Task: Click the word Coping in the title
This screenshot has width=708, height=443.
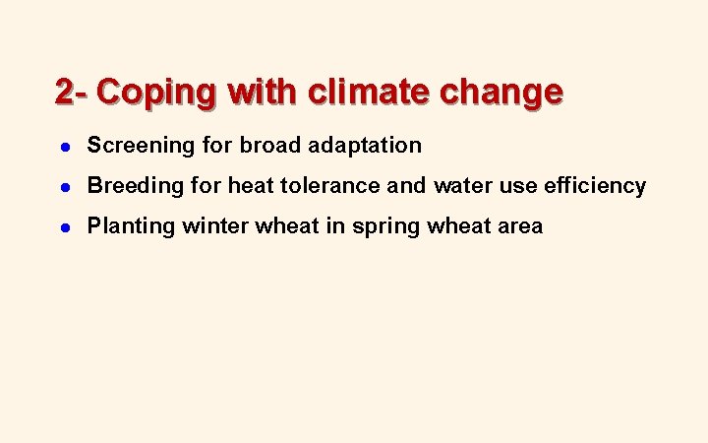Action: pyautogui.click(x=158, y=93)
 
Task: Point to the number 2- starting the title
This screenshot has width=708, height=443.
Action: pyautogui.click(x=72, y=93)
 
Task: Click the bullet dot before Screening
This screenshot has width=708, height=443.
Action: pyautogui.click(x=63, y=146)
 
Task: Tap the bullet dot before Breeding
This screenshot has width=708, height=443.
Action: pyautogui.click(x=63, y=186)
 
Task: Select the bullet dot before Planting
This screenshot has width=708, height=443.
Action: pyautogui.click(x=63, y=226)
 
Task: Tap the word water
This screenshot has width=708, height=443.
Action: pyautogui.click(x=462, y=186)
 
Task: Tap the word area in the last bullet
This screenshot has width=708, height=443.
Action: pyautogui.click(x=518, y=226)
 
